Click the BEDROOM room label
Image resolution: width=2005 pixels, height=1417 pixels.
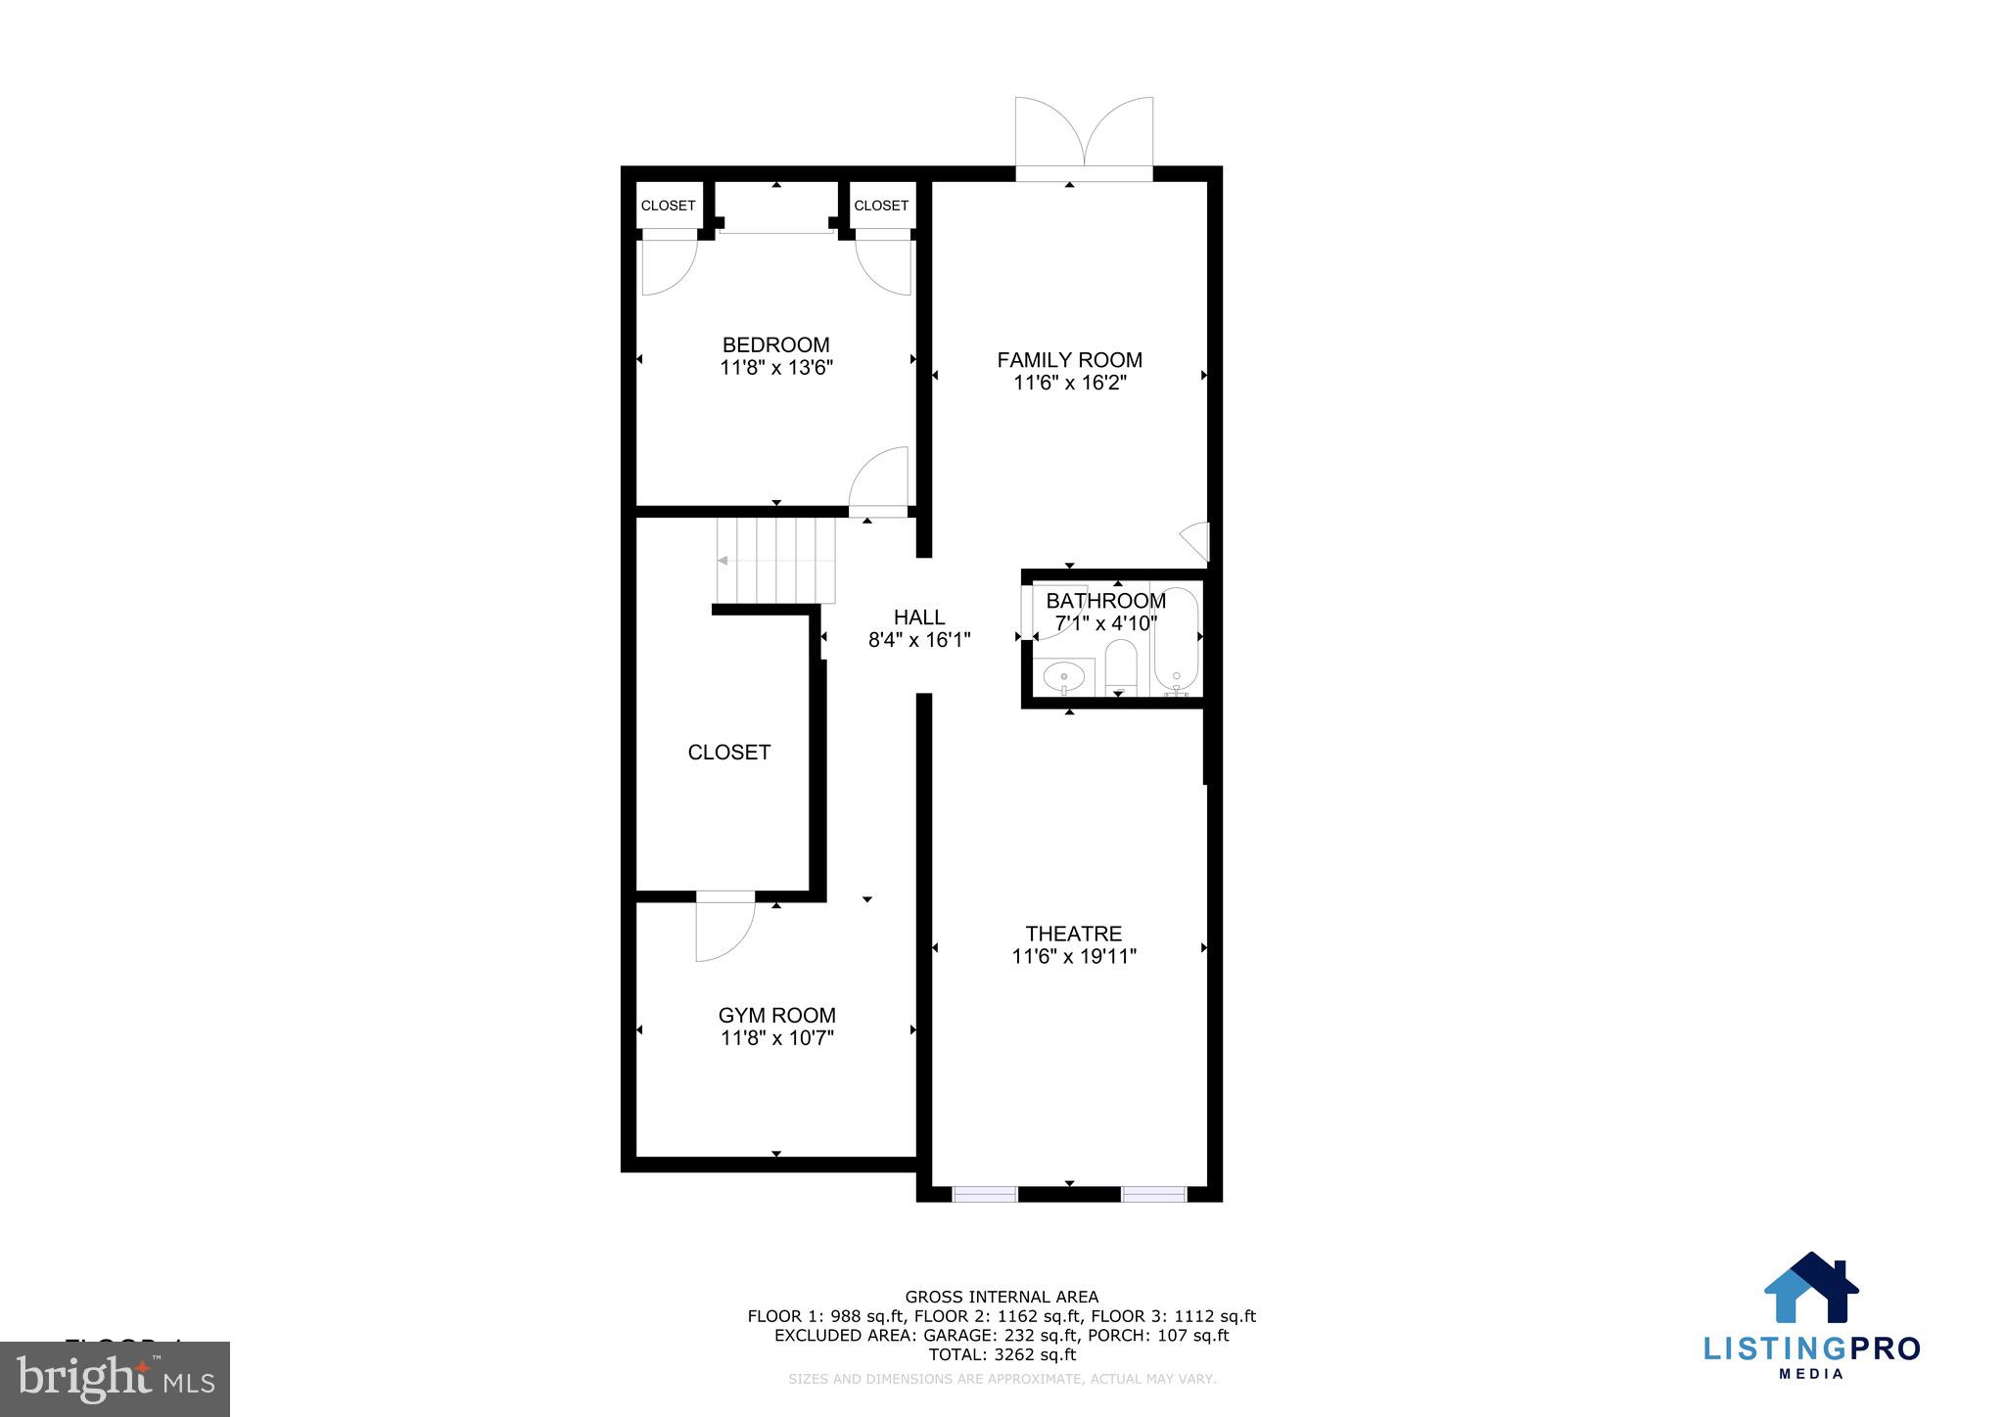pyautogui.click(x=775, y=344)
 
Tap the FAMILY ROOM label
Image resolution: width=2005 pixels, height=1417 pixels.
pyautogui.click(x=1069, y=360)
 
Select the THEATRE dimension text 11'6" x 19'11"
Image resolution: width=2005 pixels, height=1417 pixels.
pyautogui.click(x=1073, y=956)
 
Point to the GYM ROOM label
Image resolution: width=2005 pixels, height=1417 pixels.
pyautogui.click(x=776, y=1015)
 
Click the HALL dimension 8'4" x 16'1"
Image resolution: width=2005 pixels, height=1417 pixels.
pyautogui.click(x=918, y=640)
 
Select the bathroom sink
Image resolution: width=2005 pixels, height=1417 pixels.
pyautogui.click(x=1063, y=675)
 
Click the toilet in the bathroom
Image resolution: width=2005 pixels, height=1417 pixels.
pyautogui.click(x=1119, y=665)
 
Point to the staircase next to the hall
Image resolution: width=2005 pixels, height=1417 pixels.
pyautogui.click(x=776, y=561)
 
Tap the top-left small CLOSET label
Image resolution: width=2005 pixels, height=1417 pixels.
pyautogui.click(x=668, y=206)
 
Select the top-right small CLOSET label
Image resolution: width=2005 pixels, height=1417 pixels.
pyautogui.click(x=881, y=206)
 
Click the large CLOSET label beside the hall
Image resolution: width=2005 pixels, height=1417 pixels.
pyautogui.click(x=728, y=752)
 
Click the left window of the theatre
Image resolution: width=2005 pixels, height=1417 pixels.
pyautogui.click(x=985, y=1193)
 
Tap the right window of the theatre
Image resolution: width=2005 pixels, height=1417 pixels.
pyautogui.click(x=1153, y=1193)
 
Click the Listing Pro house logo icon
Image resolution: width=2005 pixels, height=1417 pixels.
pyautogui.click(x=1811, y=1288)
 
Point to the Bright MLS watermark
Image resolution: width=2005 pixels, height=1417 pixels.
pyautogui.click(x=115, y=1378)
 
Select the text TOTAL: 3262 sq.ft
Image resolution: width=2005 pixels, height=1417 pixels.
pyautogui.click(x=1002, y=1354)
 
